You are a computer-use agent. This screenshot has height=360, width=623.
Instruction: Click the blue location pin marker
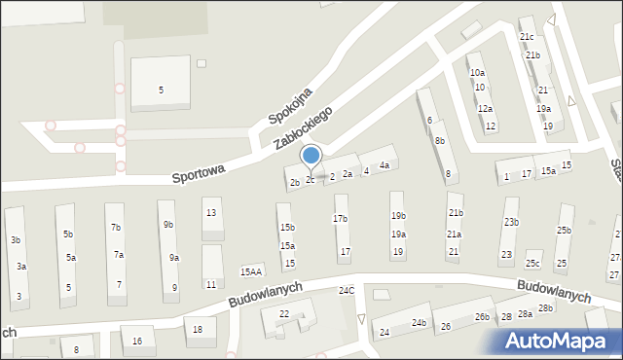(x=311, y=156)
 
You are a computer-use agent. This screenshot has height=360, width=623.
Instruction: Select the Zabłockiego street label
(x=303, y=127)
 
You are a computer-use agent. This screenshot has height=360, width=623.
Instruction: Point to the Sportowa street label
(x=199, y=174)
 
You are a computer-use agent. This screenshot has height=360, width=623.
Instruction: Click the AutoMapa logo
(x=559, y=341)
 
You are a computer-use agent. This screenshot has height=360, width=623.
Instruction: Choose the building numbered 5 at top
(x=162, y=90)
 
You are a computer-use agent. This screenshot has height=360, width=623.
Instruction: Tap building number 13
(x=210, y=212)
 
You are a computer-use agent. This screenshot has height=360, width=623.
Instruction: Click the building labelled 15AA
(x=251, y=272)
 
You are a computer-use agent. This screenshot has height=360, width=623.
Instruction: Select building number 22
(x=284, y=313)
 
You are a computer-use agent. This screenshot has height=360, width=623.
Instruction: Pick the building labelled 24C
(x=346, y=291)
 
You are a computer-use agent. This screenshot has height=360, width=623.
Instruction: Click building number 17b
(x=340, y=219)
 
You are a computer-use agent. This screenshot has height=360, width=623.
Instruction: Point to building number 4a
(x=385, y=165)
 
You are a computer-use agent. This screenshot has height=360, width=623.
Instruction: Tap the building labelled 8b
(x=440, y=141)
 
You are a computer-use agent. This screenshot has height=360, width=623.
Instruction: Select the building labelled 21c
(x=527, y=37)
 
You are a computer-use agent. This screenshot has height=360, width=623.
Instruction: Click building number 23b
(x=511, y=222)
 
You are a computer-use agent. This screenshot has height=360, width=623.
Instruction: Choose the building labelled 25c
(x=532, y=264)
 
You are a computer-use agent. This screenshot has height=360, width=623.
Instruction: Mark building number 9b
(x=168, y=225)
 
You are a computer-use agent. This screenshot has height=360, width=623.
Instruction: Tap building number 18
(x=199, y=330)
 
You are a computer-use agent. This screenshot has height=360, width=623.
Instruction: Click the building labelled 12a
(x=484, y=108)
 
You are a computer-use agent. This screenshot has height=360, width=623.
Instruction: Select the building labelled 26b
(x=481, y=317)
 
